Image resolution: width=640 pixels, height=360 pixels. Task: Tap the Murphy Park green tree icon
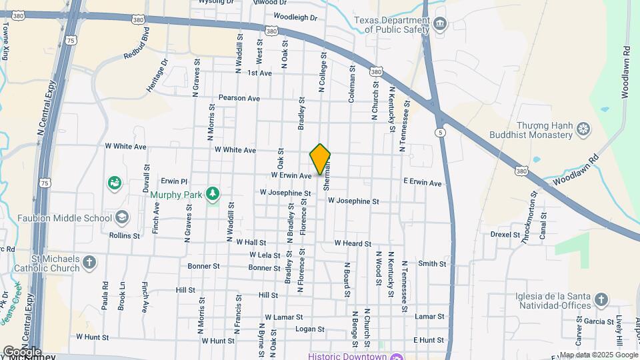point(213,193)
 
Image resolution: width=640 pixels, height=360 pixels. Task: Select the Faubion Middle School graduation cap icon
point(122,217)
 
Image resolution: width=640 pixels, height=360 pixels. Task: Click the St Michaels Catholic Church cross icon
point(89,263)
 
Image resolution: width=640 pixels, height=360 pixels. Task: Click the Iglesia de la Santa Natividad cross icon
point(601,299)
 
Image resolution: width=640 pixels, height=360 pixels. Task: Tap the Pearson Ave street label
point(239,98)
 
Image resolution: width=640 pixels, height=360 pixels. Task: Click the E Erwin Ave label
point(422,183)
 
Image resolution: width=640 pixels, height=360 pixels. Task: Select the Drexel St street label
point(505,235)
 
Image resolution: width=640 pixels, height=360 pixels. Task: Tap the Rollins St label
point(125,235)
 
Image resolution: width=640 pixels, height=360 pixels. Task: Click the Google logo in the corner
point(22,351)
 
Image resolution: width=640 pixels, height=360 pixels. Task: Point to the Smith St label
point(432,264)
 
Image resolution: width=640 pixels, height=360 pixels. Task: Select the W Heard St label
point(353,244)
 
